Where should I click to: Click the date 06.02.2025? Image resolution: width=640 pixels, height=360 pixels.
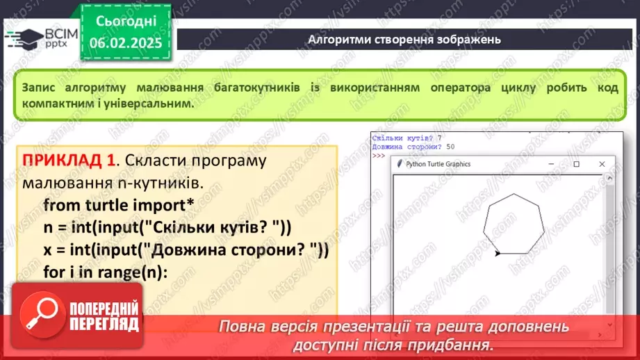pos(126,43)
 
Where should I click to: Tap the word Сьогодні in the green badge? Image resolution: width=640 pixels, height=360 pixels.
pos(126,21)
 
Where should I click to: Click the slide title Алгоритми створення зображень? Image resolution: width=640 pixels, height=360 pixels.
pos(404,40)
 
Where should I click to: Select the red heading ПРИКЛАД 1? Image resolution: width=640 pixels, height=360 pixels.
pos(69,160)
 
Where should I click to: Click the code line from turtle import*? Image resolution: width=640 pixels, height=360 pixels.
pos(118,205)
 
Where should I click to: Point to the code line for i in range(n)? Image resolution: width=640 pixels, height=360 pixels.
pos(106,272)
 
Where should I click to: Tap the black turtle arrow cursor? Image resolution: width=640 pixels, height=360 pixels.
pos(497,254)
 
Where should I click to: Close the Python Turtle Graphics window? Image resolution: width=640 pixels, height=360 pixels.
pos(602,164)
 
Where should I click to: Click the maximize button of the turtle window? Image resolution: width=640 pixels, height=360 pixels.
pos(576,164)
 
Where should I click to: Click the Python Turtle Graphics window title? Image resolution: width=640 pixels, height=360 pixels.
pos(438,164)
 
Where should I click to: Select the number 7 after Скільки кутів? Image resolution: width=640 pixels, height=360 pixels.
pos(440,138)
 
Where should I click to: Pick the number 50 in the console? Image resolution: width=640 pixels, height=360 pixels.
pos(450,147)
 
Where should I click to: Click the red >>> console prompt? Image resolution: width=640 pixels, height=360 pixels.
pos(378,156)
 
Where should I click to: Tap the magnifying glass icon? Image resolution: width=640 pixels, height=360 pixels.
pos(42,314)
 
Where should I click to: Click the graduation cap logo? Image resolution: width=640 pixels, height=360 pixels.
pos(24,39)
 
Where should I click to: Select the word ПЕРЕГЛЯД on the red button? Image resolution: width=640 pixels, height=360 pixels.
pos(104,324)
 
